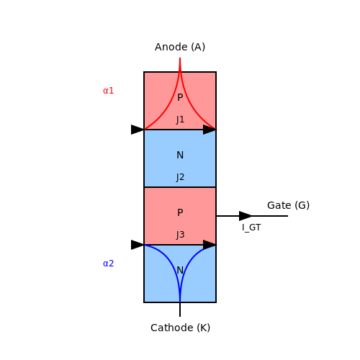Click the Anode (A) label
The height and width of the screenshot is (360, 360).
click(180, 47)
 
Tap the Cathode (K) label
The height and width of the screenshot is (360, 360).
click(180, 328)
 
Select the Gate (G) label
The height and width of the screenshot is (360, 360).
click(288, 205)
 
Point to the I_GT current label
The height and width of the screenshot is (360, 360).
click(251, 228)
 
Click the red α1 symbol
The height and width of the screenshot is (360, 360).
click(108, 91)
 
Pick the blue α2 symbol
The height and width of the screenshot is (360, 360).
click(108, 264)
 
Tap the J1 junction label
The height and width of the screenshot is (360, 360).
click(180, 120)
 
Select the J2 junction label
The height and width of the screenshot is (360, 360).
click(180, 177)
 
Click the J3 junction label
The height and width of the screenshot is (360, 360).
click(180, 235)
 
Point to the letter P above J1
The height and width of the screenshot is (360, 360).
click(180, 97)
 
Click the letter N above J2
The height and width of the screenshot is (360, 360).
click(180, 155)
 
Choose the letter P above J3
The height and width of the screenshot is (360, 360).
click(180, 212)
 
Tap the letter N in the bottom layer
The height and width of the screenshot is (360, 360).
click(180, 270)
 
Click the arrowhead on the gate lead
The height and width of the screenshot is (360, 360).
click(246, 216)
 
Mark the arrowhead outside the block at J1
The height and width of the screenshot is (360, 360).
click(138, 130)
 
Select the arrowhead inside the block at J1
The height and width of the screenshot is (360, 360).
click(210, 130)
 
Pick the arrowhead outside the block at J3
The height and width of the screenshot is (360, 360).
click(138, 245)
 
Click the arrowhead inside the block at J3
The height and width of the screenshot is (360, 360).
click(210, 245)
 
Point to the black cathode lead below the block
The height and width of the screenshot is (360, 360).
click(180, 310)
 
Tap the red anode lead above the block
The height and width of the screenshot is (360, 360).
click(180, 65)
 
